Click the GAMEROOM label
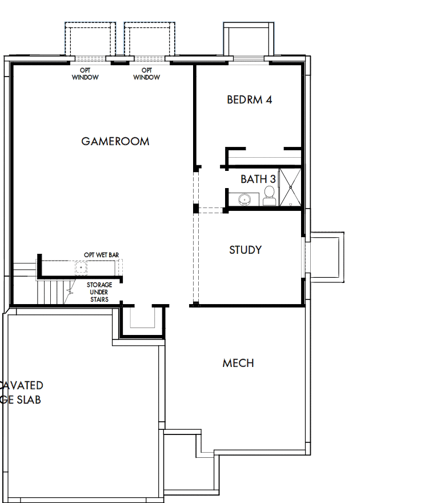[115, 141]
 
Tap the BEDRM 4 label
[249, 99]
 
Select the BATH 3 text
[258, 179]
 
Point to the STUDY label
[246, 250]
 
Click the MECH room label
[238, 363]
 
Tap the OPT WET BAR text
[101, 255]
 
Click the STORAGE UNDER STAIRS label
[98, 292]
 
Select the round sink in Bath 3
[244, 199]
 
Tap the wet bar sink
[81, 267]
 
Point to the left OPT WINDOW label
[85, 74]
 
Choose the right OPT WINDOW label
[147, 74]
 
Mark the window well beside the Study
[326, 256]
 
